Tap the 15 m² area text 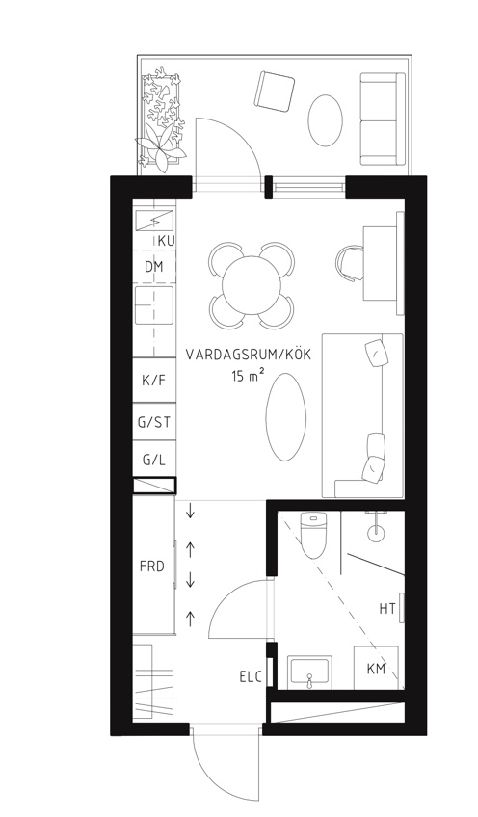pos(249,377)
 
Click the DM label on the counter pos(154,266)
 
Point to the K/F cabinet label pos(153,381)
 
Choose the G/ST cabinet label pos(153,421)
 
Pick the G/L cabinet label pos(153,460)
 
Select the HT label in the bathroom pos(387,608)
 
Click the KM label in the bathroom pos(377,668)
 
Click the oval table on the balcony pos(326,119)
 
